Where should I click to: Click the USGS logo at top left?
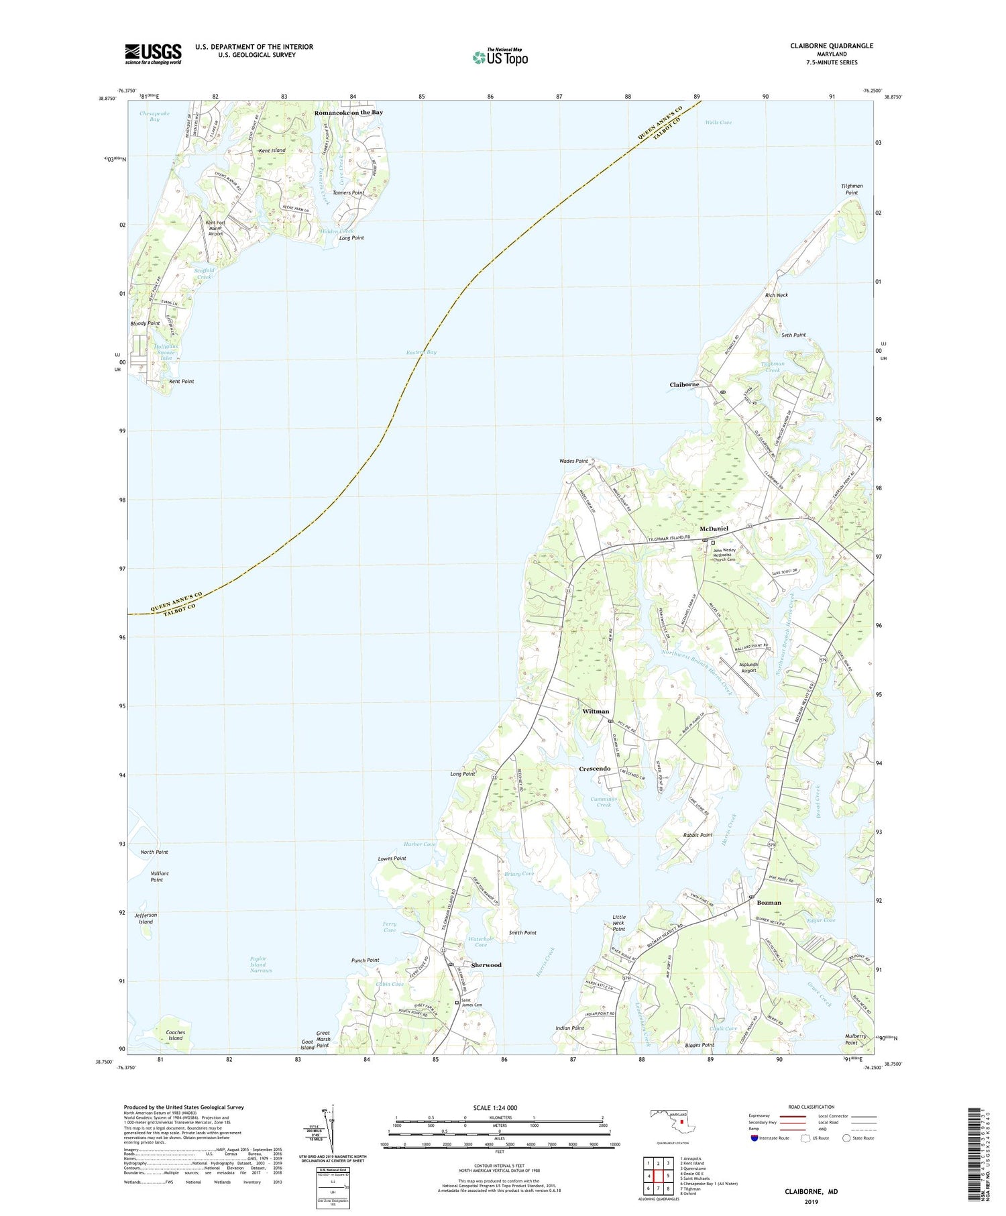click(x=153, y=54)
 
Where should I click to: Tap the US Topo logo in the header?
click(x=500, y=58)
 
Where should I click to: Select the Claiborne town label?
click(x=684, y=384)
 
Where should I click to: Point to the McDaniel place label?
click(x=714, y=529)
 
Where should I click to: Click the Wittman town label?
click(x=596, y=711)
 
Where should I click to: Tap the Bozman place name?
click(x=769, y=902)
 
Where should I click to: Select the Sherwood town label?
click(x=486, y=964)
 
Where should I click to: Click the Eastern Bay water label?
click(x=422, y=352)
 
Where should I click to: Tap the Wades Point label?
click(x=573, y=461)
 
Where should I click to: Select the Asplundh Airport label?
click(x=748, y=667)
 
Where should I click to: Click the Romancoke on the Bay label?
click(x=349, y=113)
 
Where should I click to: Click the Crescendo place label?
click(x=595, y=768)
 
